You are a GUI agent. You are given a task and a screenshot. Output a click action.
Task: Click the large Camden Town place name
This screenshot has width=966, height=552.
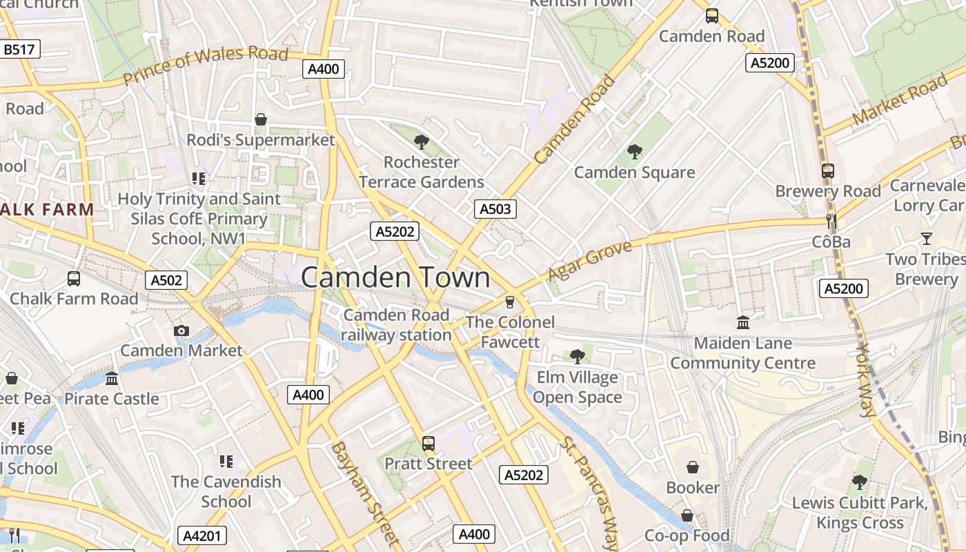point(395,277)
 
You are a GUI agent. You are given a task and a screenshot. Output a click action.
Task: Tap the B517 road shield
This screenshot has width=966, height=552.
point(21,49)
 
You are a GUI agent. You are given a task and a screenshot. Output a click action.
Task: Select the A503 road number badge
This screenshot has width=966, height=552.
point(495,209)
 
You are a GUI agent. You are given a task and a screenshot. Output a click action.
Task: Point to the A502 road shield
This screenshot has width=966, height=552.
point(167,280)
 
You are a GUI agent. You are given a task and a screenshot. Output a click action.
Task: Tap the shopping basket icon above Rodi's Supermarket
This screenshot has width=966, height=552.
point(261,119)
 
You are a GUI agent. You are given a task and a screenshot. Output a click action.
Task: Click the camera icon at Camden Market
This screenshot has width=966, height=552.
point(181,331)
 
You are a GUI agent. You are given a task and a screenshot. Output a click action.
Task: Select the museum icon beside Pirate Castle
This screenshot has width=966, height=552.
point(112,379)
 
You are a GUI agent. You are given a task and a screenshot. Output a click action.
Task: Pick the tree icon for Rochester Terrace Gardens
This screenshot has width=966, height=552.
point(421,142)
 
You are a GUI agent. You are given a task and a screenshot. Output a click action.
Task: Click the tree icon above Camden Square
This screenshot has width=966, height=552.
point(634,152)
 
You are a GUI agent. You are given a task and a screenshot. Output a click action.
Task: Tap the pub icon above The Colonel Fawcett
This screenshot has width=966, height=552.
point(510,302)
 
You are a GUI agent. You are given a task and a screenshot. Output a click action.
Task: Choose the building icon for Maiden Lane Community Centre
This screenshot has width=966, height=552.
point(743,322)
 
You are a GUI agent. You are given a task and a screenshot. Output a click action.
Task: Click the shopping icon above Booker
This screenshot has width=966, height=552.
point(693,467)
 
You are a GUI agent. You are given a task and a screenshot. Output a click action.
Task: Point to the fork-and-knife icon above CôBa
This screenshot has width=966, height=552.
point(831,221)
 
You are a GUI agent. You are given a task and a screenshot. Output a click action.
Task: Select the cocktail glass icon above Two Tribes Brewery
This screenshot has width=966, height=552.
point(926,239)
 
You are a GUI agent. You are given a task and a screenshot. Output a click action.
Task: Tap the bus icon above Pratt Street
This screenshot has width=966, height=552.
point(428,443)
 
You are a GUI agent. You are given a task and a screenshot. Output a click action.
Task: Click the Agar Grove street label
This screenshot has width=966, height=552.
point(589,261)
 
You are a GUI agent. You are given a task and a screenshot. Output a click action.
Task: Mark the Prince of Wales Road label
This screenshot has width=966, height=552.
point(206,66)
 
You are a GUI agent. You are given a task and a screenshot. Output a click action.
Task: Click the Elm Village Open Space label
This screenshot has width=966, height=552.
point(577,388)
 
